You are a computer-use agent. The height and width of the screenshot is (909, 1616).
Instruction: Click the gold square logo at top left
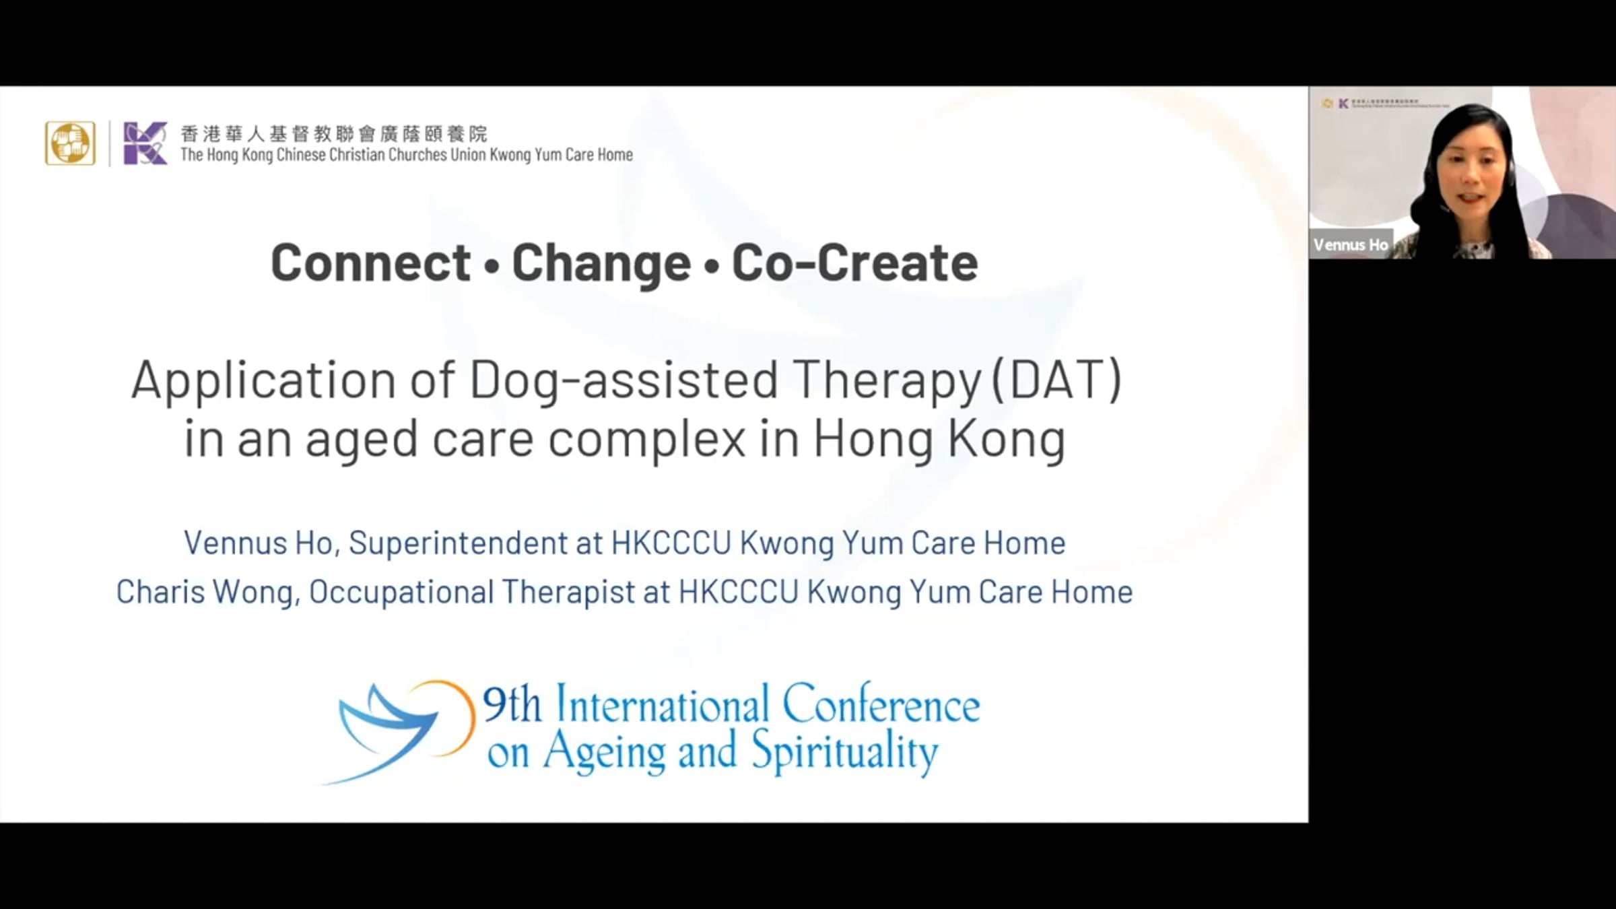pos(70,143)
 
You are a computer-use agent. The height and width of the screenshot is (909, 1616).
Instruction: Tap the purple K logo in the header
pos(145,143)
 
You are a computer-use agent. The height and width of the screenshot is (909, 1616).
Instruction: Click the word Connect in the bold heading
pos(370,262)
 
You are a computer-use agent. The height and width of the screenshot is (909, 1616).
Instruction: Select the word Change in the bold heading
pos(601,263)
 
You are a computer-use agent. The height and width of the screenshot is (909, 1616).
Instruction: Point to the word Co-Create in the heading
pos(854,262)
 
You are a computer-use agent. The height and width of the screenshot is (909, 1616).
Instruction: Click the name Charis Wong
pos(205,593)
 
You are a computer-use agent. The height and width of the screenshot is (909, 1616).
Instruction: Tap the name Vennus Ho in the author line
pos(259,543)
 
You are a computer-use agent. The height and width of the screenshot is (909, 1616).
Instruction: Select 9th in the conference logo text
pos(512,706)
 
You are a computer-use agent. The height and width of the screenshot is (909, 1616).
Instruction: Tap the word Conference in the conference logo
pos(881,705)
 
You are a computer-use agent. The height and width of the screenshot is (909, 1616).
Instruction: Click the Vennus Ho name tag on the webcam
pos(1351,244)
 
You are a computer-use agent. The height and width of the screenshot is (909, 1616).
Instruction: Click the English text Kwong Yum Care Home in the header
pos(561,155)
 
